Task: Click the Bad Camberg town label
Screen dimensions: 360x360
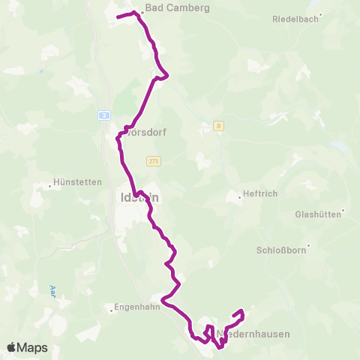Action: [x=178, y=7]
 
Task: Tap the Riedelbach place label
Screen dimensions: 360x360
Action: [x=294, y=18]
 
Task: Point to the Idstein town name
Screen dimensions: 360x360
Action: [x=139, y=198]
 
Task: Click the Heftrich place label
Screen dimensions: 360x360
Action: [x=260, y=193]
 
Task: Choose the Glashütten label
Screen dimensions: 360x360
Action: [x=319, y=214]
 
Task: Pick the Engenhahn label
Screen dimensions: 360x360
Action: [x=138, y=306]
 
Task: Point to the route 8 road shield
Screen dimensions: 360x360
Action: [x=218, y=126]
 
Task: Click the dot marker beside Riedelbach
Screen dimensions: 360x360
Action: [x=320, y=14]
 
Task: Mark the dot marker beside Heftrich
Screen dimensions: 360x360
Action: [x=238, y=194]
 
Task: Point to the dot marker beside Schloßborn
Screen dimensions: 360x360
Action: [x=307, y=247]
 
